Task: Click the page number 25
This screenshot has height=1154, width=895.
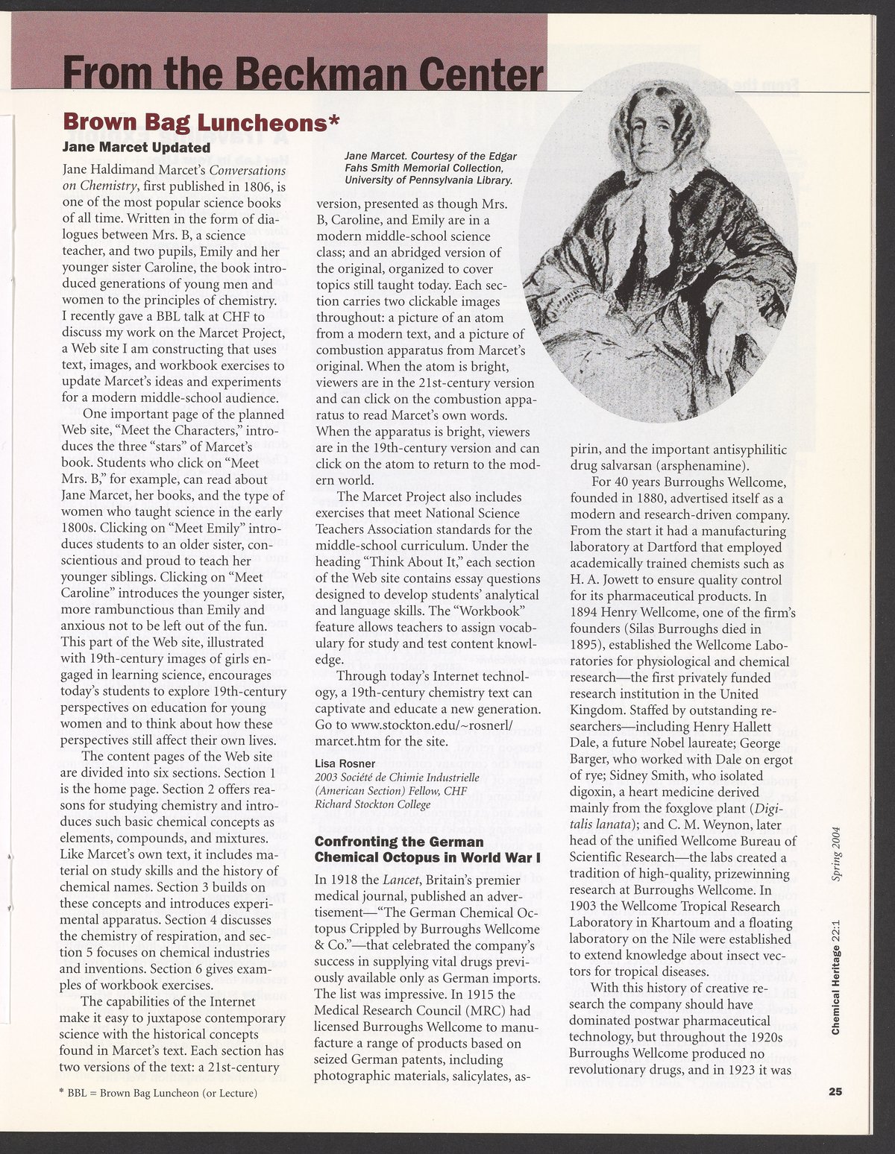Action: click(x=835, y=1092)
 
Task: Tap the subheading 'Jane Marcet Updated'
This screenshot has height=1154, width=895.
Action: click(x=136, y=147)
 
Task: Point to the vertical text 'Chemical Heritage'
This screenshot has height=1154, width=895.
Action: click(x=836, y=984)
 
